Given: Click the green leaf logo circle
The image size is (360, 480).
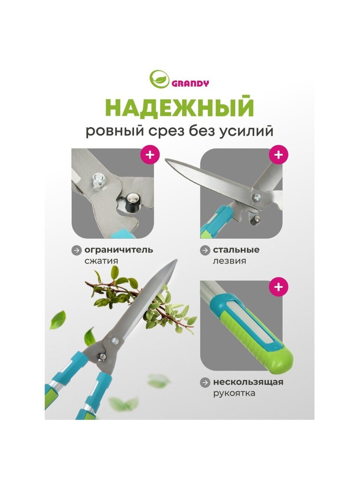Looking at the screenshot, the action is (159, 79).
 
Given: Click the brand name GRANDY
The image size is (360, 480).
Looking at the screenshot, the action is (190, 84).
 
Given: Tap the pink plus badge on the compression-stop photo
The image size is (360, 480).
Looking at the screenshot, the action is (150, 155).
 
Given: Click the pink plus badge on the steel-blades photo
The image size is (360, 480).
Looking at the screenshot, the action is (278, 155).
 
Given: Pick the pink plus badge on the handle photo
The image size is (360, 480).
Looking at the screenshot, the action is (278, 287).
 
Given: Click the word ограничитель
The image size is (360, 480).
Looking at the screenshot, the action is (119, 250).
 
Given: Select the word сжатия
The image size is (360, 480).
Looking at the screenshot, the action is (101, 261).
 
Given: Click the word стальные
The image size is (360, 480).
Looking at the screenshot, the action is (236, 250).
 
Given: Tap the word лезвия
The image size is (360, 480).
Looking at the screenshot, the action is (229, 261).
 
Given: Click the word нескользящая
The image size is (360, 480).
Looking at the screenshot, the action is (248, 382).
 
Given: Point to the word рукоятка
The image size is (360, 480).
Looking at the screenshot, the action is (234, 393).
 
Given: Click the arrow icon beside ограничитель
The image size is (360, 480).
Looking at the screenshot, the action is (76, 250).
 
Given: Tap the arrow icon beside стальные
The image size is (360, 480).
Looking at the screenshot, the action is (205, 250).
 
